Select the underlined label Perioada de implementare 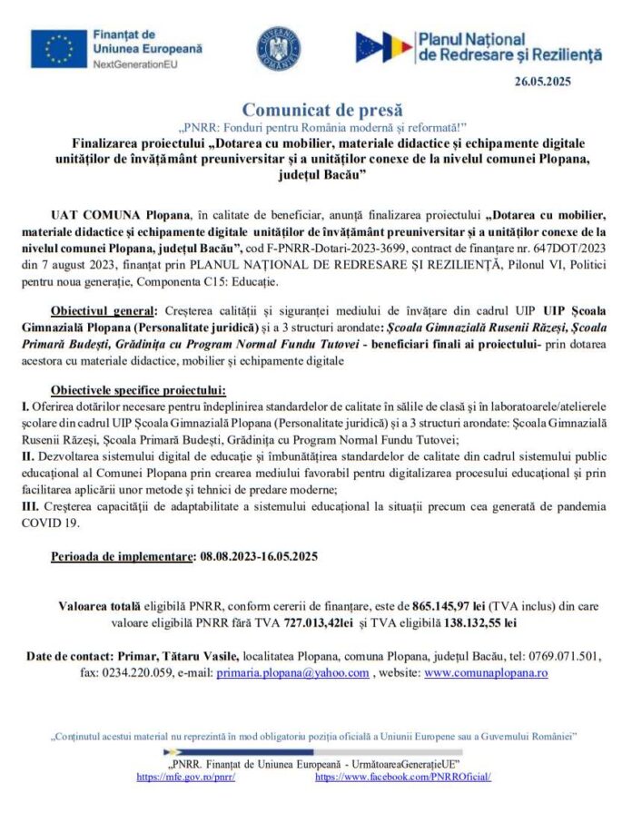tap(123, 555)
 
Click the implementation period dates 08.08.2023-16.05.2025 tap(258, 555)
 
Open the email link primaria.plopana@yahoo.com tap(291, 672)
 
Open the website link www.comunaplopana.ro tap(486, 672)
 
